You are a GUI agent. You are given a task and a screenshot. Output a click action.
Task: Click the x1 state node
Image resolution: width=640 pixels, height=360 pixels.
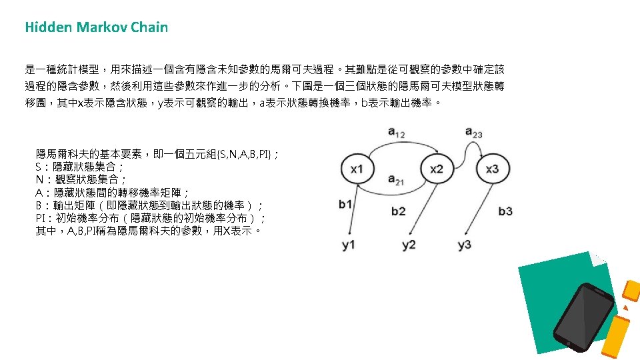click(x=357, y=169)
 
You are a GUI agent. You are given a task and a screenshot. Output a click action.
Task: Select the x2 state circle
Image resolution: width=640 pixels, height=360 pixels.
click(x=436, y=169)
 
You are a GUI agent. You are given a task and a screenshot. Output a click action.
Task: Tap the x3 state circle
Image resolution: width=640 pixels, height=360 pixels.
click(x=492, y=169)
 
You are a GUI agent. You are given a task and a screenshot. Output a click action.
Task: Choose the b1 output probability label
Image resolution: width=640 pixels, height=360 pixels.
click(x=345, y=205)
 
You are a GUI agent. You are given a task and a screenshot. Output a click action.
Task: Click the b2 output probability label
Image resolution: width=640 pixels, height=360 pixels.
click(x=398, y=211)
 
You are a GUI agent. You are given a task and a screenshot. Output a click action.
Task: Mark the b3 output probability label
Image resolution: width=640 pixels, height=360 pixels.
click(x=505, y=211)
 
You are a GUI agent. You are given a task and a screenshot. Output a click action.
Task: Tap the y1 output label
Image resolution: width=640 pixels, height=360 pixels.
click(x=349, y=245)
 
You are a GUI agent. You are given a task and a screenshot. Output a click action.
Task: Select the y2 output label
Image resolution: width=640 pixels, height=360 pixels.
click(x=409, y=245)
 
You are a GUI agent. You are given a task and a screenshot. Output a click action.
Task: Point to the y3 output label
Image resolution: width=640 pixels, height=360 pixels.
click(x=465, y=245)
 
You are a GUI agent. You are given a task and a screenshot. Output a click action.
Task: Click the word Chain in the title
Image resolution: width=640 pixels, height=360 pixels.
click(x=149, y=27)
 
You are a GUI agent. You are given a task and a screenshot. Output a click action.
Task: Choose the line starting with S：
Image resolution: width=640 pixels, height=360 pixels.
click(x=79, y=167)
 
